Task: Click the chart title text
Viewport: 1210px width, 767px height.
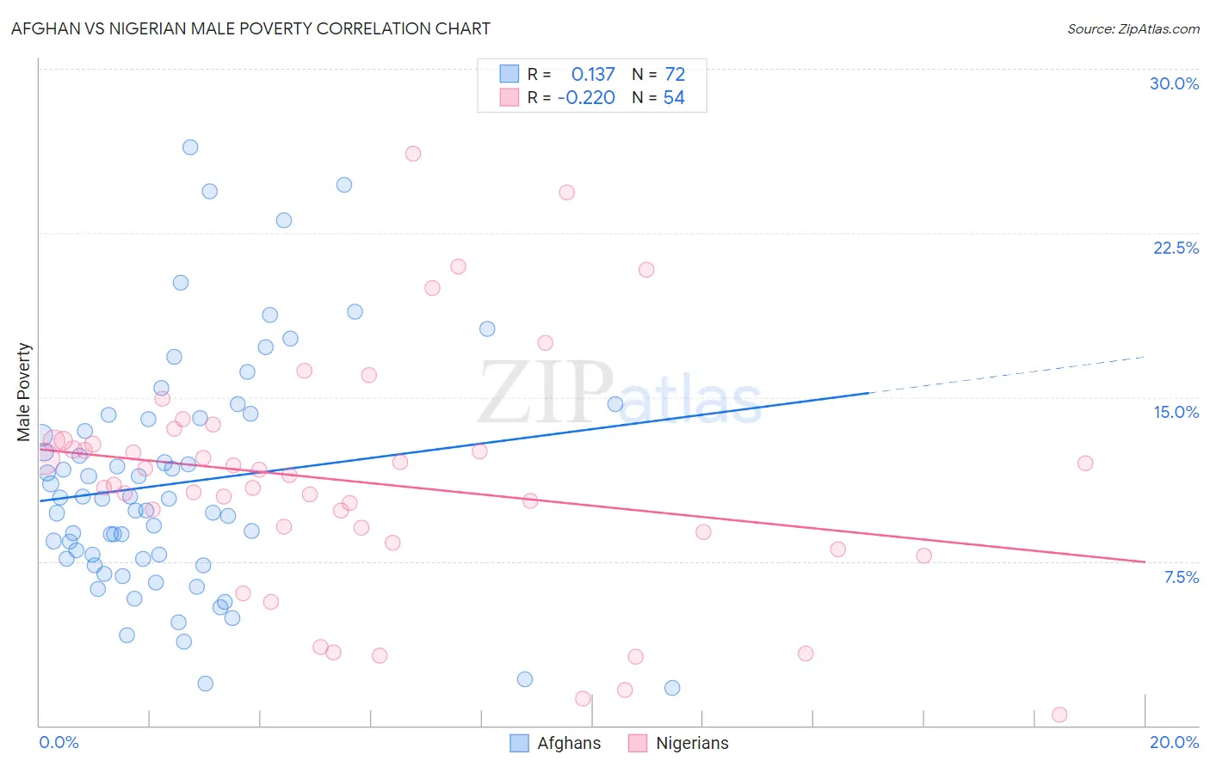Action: [250, 28]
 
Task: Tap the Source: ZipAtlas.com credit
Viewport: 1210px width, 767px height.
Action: [1133, 28]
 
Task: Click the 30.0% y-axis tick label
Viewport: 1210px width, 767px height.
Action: [1174, 83]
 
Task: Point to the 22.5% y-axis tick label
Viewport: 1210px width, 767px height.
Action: [1176, 248]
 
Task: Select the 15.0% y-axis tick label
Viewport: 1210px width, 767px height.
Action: [1176, 412]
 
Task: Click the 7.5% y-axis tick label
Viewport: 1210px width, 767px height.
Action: [1181, 577]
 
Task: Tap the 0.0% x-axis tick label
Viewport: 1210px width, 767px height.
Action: [59, 742]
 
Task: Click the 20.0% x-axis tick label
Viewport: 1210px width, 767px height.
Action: [1174, 742]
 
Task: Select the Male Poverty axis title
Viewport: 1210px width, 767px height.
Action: [24, 392]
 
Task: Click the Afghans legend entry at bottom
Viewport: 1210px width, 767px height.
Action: [556, 743]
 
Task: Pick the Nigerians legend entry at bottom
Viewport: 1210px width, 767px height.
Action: [679, 743]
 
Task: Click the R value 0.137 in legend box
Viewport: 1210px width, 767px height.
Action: [593, 75]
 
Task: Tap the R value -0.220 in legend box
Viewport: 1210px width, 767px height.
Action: [586, 98]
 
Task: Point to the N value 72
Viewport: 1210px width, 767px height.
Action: [675, 75]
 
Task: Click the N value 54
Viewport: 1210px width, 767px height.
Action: [674, 98]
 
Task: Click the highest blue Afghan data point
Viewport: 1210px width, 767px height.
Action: [190, 147]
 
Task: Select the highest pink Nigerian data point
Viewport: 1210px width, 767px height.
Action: [413, 154]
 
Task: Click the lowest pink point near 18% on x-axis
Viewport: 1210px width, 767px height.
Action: [1059, 715]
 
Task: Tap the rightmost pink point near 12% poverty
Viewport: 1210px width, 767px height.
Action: [1085, 463]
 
